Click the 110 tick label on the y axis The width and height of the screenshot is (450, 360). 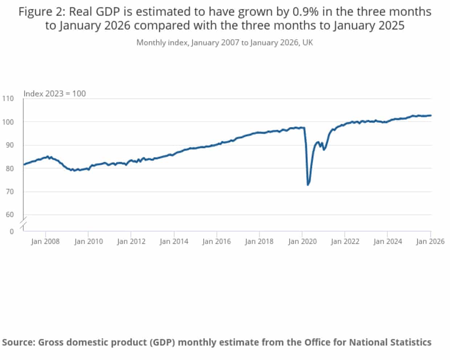coord(8,99)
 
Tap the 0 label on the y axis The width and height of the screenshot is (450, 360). coord(12,232)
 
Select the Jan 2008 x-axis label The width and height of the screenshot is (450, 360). coord(45,241)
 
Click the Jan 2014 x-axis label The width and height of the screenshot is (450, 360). coord(174,241)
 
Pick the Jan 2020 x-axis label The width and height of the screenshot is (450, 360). coord(302,241)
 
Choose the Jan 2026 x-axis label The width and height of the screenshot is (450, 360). coord(430,241)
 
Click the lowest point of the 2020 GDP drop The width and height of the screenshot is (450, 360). coord(308,185)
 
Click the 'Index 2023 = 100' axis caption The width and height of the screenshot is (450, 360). coord(54,94)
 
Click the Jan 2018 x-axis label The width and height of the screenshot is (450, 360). coord(259,241)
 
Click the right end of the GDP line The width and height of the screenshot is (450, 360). coord(431,115)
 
